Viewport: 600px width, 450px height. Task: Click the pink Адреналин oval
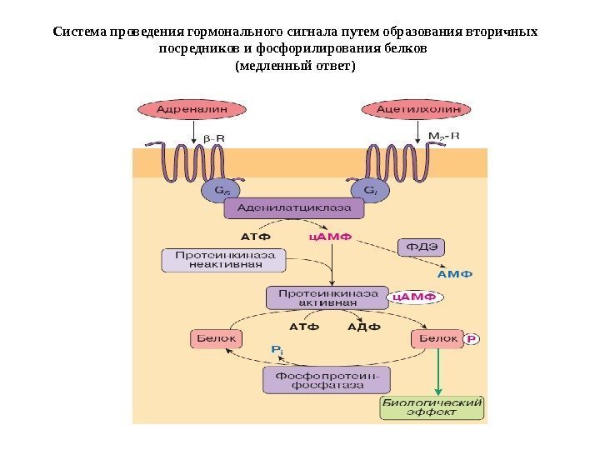(x=193, y=108)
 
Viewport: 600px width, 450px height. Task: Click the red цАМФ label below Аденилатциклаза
(x=331, y=237)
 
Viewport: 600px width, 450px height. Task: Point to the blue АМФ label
(x=455, y=272)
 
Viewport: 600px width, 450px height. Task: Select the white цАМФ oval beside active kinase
(x=414, y=296)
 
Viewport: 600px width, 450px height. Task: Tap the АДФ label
(x=363, y=327)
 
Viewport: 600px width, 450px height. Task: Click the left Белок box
(x=215, y=339)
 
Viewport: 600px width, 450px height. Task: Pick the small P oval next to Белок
(x=472, y=339)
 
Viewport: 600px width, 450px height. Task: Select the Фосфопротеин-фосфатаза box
(x=326, y=381)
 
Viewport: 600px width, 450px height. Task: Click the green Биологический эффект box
(x=432, y=407)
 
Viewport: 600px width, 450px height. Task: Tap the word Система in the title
(x=77, y=32)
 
